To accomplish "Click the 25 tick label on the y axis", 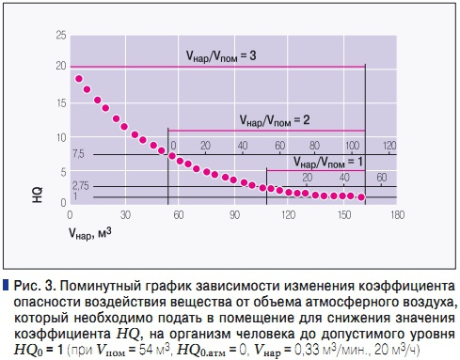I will pyautogui.click(x=61, y=34).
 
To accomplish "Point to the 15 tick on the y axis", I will pyautogui.click(x=61, y=102).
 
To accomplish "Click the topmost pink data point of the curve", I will pyautogui.click(x=79, y=79).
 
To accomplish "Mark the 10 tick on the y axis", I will pyautogui.click(x=61, y=137).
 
